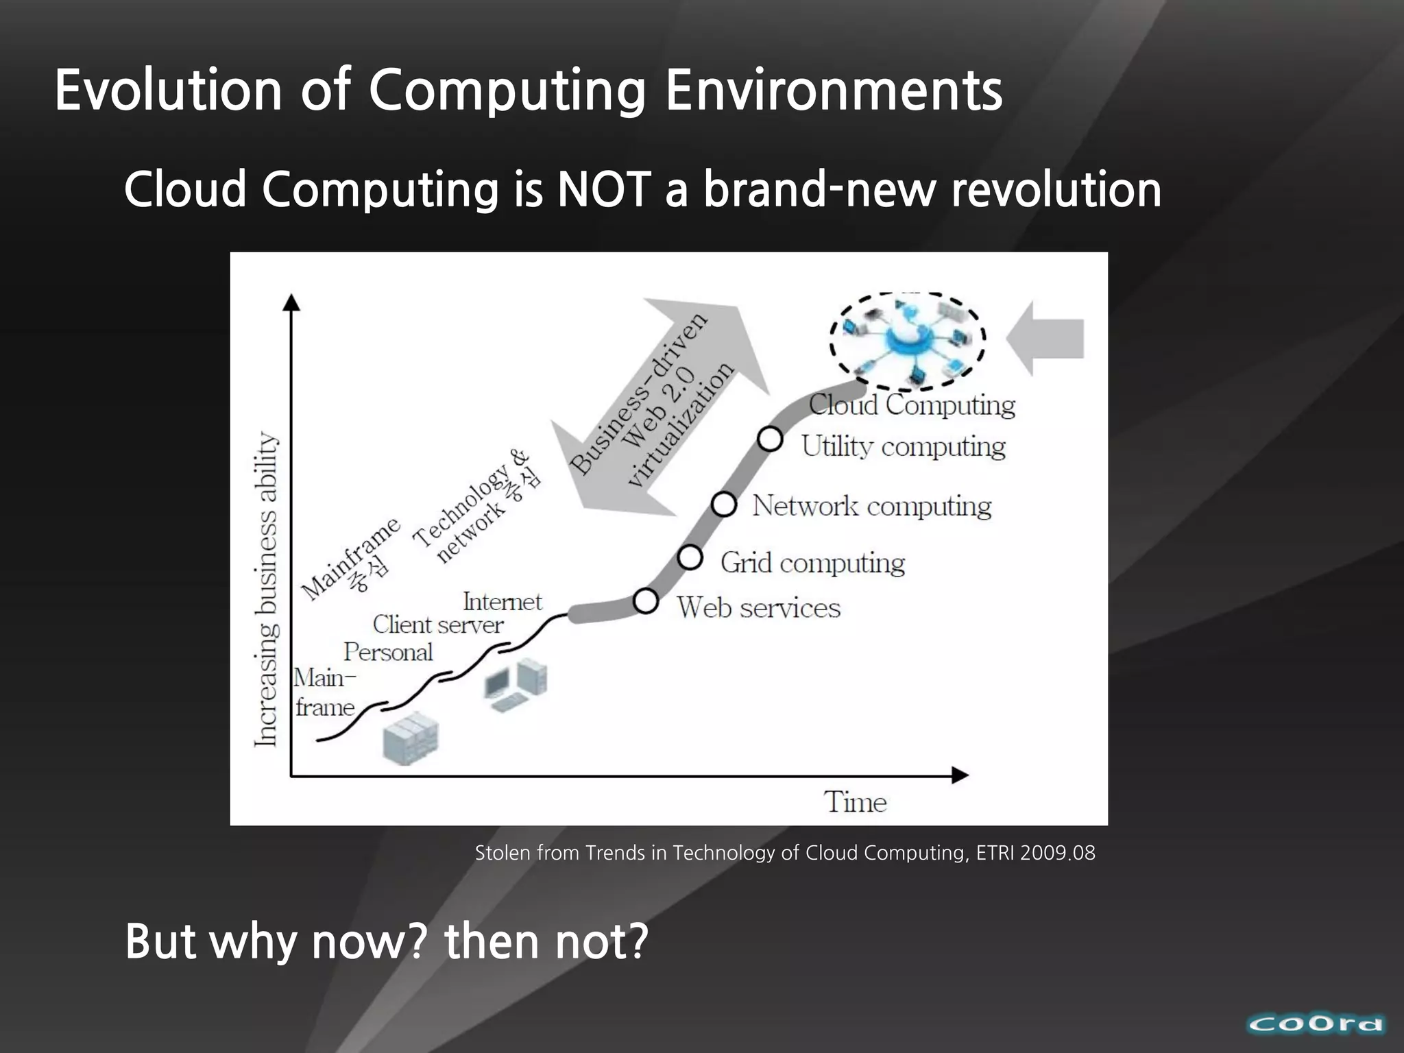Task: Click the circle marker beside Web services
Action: coord(646,601)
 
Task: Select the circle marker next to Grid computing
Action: coord(690,557)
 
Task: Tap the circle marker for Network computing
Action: coord(724,505)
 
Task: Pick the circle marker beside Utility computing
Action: coord(770,439)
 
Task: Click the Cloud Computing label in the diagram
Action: coord(912,404)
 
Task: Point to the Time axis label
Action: coord(855,802)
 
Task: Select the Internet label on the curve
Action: coord(502,602)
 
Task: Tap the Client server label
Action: coord(437,625)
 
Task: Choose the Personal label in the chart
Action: coord(388,652)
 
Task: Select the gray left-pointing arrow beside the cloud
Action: coord(1045,339)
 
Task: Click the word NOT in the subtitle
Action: coord(603,190)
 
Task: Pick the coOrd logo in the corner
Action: coord(1316,1025)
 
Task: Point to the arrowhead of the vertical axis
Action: coord(292,303)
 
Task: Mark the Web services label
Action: coord(758,608)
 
